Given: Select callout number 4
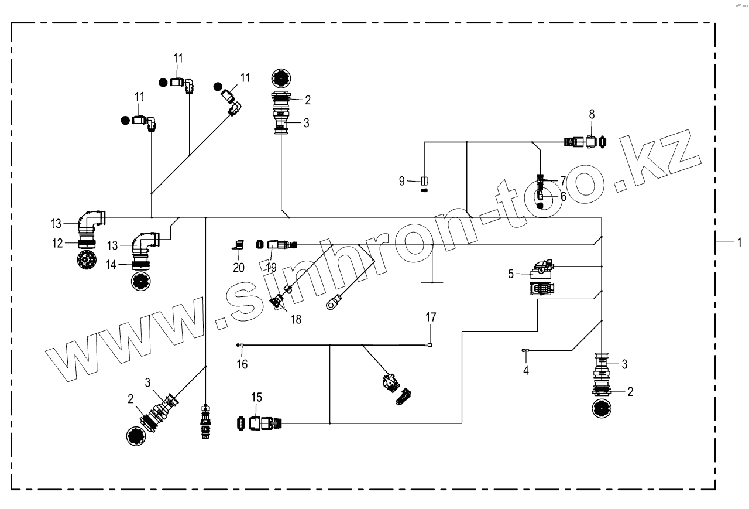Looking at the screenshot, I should click(526, 371).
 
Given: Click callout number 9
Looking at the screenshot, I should click(402, 181).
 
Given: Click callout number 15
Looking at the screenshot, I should click(255, 398).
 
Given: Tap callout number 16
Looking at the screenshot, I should click(242, 364).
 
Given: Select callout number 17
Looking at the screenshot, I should click(431, 318).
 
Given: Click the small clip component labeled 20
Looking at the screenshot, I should click(238, 246).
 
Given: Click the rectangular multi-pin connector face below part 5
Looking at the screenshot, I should click(542, 288).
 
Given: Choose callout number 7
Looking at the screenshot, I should click(563, 180).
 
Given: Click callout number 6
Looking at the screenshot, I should click(563, 197).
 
